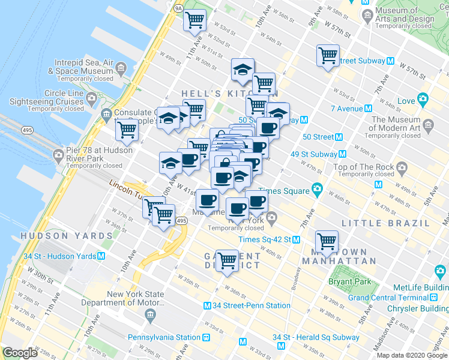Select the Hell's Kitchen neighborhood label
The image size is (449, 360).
point(230,94)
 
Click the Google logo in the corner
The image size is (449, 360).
point(20,353)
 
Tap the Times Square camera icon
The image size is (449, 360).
point(316,191)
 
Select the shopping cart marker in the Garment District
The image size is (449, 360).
point(227,260)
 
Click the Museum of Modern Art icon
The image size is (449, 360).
point(429,125)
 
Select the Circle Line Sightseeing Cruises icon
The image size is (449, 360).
point(92,97)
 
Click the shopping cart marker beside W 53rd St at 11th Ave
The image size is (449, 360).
point(194,20)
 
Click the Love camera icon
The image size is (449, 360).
point(423,99)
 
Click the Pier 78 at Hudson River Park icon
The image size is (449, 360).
point(59,154)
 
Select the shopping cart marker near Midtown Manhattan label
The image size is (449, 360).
point(327,241)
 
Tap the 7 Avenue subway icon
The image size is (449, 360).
point(368,109)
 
